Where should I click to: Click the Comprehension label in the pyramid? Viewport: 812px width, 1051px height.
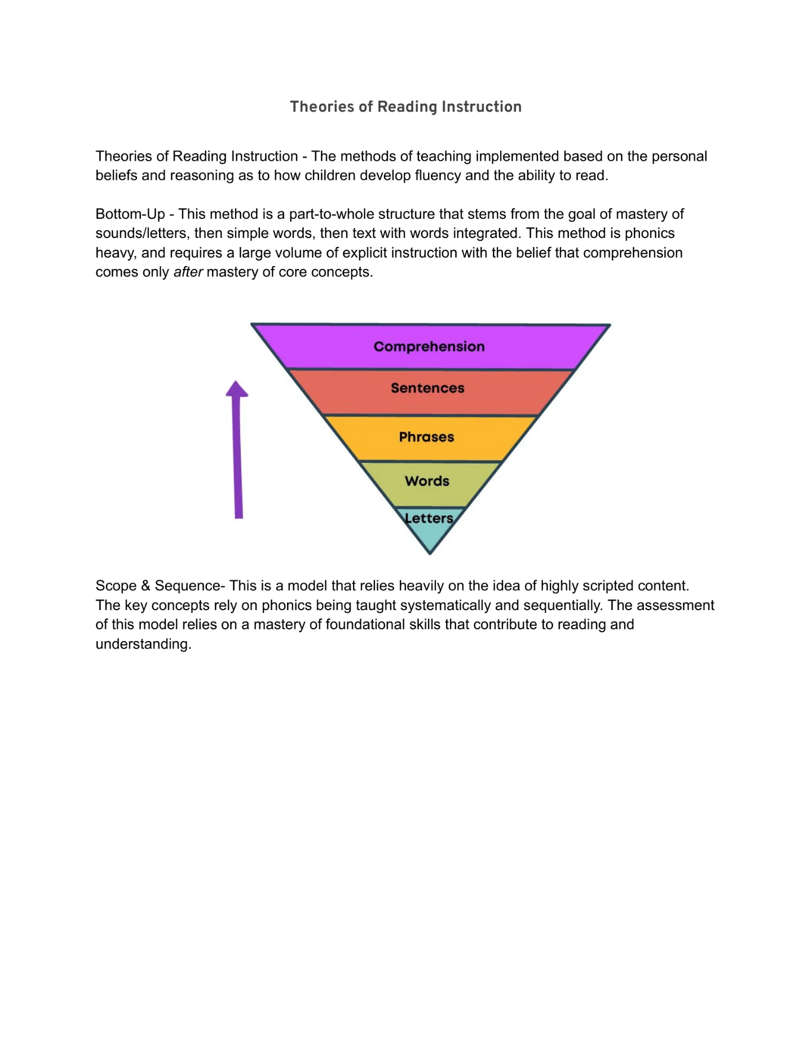(x=429, y=347)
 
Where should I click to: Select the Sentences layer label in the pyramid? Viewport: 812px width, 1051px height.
(x=427, y=388)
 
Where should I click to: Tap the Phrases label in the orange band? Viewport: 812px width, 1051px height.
(x=426, y=437)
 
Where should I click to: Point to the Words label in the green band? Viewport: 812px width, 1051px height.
(x=427, y=481)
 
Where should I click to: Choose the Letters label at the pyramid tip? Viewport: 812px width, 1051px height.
(x=429, y=518)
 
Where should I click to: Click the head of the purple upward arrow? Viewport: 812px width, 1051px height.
(x=237, y=389)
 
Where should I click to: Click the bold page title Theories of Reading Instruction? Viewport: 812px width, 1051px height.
(x=406, y=107)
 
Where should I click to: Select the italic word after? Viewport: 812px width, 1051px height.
(x=188, y=272)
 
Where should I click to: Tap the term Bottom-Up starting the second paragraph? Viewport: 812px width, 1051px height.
(x=130, y=214)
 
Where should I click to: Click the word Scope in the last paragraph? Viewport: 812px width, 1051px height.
(x=116, y=586)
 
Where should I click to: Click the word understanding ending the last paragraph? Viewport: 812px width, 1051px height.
(x=143, y=644)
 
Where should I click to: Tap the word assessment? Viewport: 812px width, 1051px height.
(x=678, y=606)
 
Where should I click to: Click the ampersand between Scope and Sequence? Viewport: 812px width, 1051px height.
(x=146, y=586)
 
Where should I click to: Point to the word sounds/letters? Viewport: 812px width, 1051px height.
(x=140, y=233)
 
